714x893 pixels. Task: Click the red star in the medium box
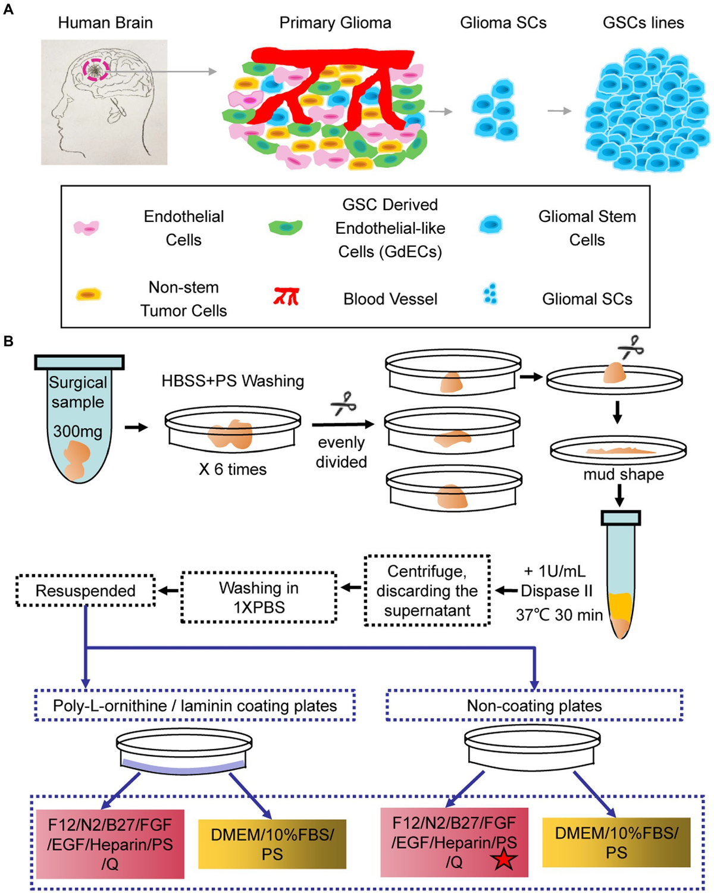[x=503, y=859]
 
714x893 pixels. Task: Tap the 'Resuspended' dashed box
[x=86, y=591]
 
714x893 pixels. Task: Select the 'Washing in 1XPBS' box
[x=259, y=597]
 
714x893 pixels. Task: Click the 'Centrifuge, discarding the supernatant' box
[x=427, y=591]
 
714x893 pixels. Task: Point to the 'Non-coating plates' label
[x=534, y=706]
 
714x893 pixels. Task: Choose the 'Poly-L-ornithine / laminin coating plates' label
[x=195, y=706]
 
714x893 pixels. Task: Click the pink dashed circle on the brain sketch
[x=95, y=70]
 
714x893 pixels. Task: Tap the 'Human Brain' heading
[x=105, y=23]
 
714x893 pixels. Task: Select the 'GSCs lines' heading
[x=643, y=23]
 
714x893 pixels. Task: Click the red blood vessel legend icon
[x=286, y=296]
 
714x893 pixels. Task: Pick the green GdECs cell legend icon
[x=286, y=227]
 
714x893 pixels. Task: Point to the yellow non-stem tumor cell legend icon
[x=88, y=294]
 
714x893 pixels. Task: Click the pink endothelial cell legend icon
[x=86, y=227]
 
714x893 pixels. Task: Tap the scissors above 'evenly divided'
[x=343, y=403]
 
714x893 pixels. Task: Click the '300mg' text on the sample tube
[x=77, y=431]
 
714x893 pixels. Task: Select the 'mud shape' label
[x=623, y=474]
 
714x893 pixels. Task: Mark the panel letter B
[x=8, y=341]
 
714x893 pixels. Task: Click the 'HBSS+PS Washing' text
[x=233, y=381]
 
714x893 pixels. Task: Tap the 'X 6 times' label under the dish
[x=233, y=469]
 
